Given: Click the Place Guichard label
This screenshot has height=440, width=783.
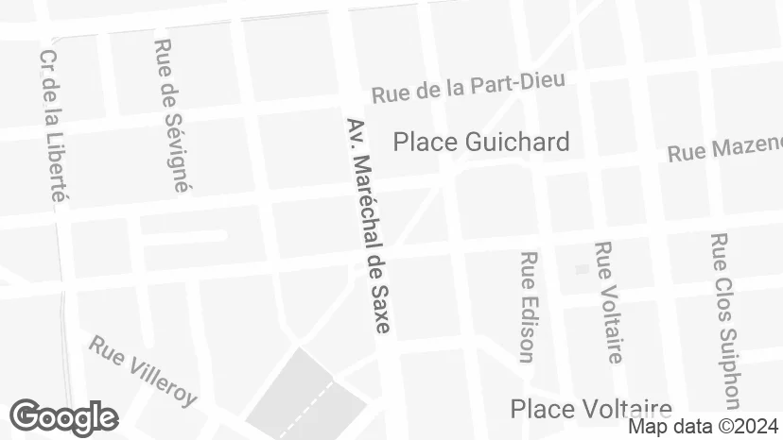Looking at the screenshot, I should [x=481, y=143].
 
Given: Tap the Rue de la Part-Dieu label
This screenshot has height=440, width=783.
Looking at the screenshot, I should [x=468, y=87].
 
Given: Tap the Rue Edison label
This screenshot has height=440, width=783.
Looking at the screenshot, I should [x=528, y=306].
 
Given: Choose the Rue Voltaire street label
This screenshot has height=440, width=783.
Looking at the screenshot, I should [x=608, y=302].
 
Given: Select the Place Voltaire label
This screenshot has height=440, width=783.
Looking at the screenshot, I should [x=591, y=409].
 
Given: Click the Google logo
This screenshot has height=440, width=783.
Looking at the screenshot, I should [x=63, y=417].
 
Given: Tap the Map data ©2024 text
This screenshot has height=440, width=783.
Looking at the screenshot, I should [x=704, y=427].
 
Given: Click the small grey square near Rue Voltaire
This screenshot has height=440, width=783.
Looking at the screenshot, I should [x=582, y=269].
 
